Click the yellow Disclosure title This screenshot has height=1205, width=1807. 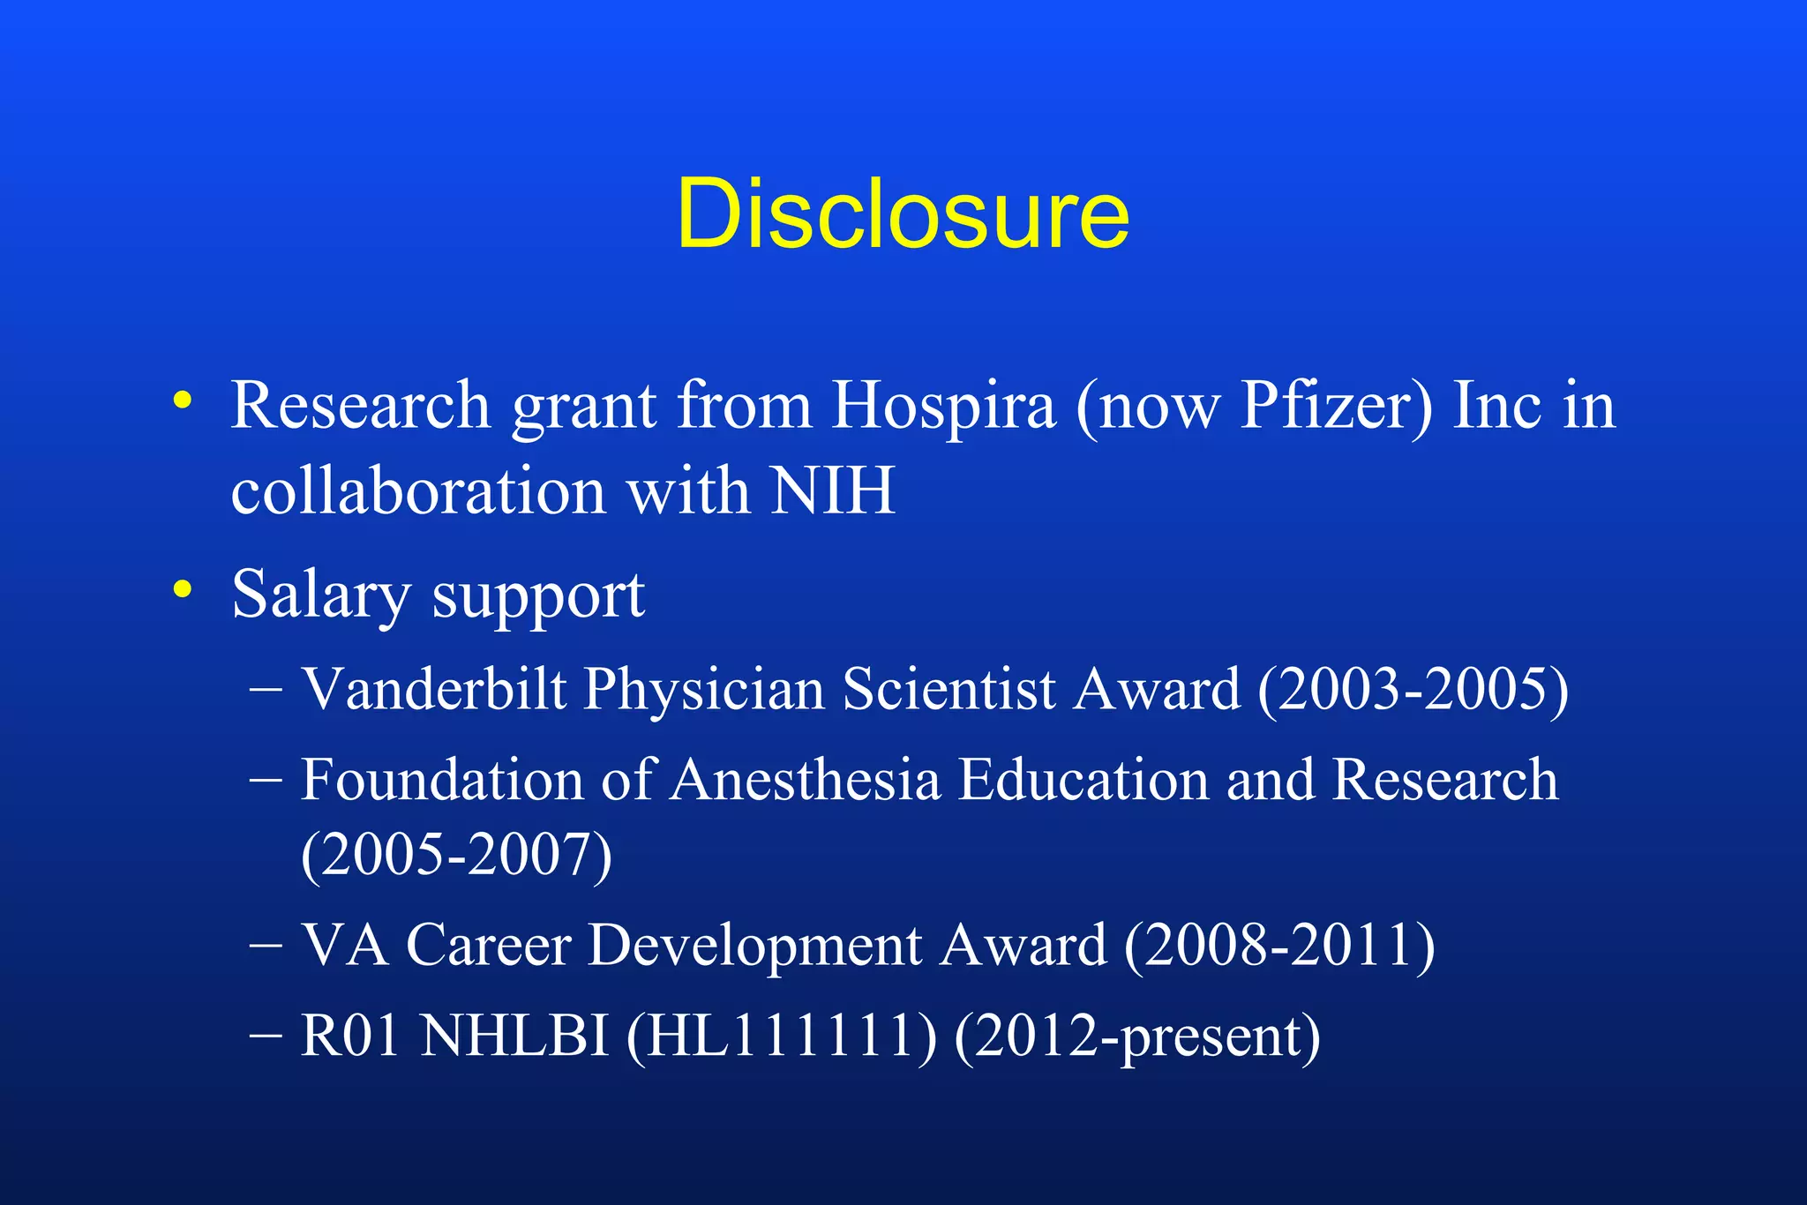click(x=903, y=213)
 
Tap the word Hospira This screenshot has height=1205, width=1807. click(x=943, y=406)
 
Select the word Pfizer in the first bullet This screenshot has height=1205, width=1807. click(x=1337, y=406)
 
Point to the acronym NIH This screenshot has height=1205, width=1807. click(x=832, y=490)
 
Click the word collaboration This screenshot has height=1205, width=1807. click(x=417, y=490)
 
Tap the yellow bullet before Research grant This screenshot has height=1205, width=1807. click(x=183, y=400)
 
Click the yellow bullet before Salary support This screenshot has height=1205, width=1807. click(x=183, y=589)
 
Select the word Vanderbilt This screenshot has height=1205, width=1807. click(x=433, y=688)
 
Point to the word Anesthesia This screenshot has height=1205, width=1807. click(x=806, y=780)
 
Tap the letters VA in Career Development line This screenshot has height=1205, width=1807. click(x=344, y=946)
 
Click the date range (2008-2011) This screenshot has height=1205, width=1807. click(x=1279, y=947)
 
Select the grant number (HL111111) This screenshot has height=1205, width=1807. click(x=781, y=1036)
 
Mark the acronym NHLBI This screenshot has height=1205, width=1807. click(x=514, y=1036)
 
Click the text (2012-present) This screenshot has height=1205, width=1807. click(x=1137, y=1037)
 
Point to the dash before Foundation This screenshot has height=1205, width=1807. click(x=266, y=780)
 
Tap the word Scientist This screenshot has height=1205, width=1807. click(x=948, y=688)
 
